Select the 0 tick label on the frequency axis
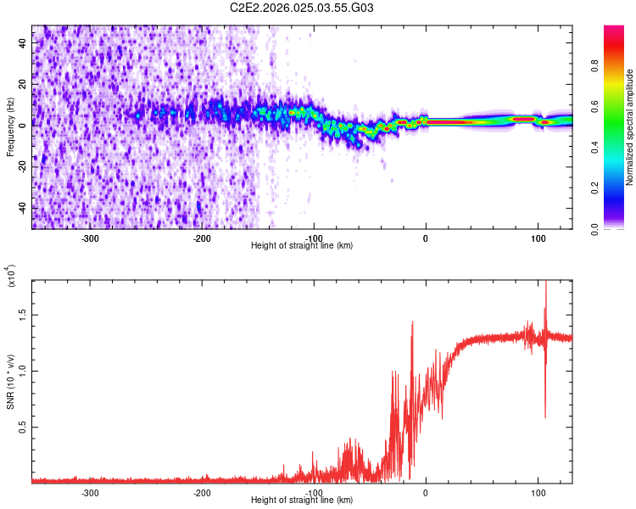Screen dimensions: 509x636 coord(25,124)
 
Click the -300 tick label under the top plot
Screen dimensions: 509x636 coord(90,238)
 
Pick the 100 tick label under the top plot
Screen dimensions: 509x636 coord(538,238)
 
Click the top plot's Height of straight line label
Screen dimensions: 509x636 coord(302,245)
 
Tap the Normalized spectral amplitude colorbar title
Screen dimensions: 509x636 coord(629,127)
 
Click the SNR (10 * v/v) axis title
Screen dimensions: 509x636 coord(11,382)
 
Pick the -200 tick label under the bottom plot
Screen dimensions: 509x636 coord(202,492)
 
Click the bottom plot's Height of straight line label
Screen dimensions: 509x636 coord(302,500)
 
